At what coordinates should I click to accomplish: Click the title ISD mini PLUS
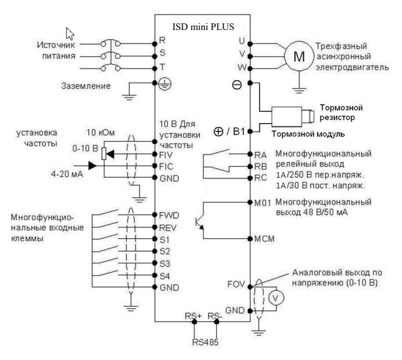click(x=203, y=27)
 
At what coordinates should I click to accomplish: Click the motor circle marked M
click(x=299, y=56)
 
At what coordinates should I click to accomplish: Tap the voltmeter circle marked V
click(x=276, y=298)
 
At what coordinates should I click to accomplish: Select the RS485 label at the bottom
click(x=205, y=342)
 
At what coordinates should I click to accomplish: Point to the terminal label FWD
click(x=169, y=215)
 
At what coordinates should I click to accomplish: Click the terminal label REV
click(x=168, y=227)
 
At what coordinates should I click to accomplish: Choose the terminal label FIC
click(x=166, y=166)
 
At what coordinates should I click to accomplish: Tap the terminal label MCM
click(x=264, y=239)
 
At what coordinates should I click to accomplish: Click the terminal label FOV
click(x=236, y=285)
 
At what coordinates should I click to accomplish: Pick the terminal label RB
click(x=261, y=166)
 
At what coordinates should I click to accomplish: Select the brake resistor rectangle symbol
click(x=287, y=116)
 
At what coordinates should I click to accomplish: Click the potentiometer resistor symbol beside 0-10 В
click(x=104, y=154)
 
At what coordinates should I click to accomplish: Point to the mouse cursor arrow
click(x=69, y=34)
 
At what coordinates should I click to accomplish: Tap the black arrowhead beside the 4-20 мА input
click(x=92, y=166)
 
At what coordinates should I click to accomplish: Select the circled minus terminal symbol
click(x=237, y=85)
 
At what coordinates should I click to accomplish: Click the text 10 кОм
click(x=100, y=133)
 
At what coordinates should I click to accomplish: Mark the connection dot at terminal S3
click(x=154, y=263)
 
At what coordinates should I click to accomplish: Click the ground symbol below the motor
click(x=299, y=90)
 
